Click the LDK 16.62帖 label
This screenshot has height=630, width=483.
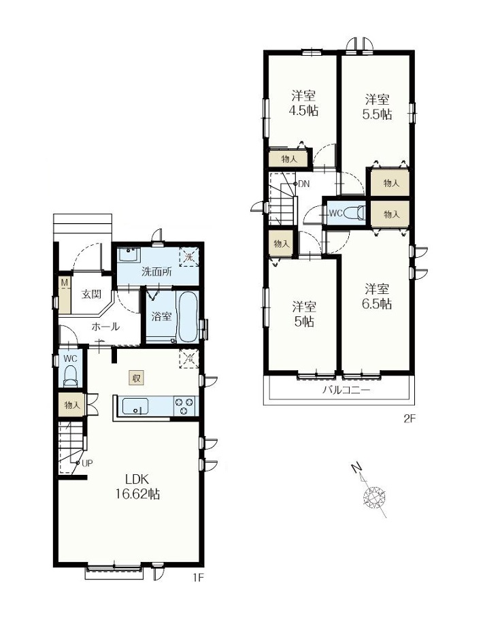137,486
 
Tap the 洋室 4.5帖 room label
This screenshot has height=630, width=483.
303,103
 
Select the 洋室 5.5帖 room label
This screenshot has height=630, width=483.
377,106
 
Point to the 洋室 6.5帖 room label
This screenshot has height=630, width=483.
377,296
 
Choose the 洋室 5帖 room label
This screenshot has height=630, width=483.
304,314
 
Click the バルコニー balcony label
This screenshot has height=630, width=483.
346,390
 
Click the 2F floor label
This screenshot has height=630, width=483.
409,419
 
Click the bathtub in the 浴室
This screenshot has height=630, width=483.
187,317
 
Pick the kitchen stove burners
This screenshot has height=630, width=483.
184,406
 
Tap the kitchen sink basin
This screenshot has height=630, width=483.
135,406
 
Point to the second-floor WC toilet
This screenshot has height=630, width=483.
355,212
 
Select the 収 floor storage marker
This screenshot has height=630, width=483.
136,378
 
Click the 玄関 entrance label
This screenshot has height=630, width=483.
91,294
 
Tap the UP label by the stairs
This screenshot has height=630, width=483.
87,463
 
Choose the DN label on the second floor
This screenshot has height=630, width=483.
304,184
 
